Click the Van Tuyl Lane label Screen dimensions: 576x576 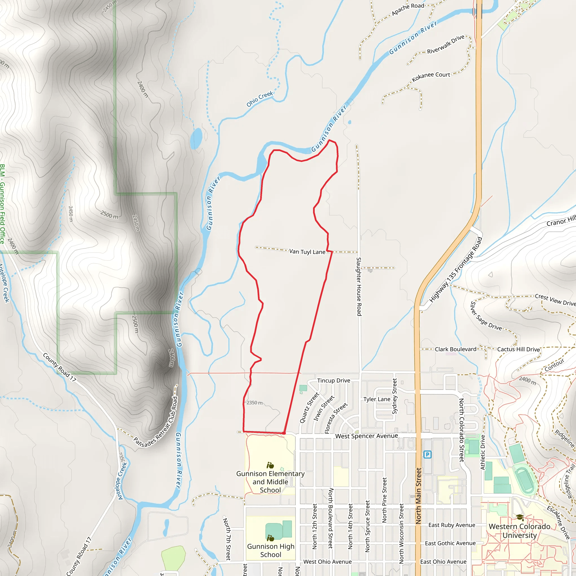(x=307, y=252)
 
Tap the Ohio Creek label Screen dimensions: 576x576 (x=259, y=99)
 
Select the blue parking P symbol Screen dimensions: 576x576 (x=427, y=455)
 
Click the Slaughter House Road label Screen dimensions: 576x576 (x=359, y=287)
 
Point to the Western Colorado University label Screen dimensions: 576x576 (x=519, y=531)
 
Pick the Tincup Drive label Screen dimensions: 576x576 (x=333, y=381)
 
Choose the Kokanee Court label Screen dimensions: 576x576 (x=431, y=76)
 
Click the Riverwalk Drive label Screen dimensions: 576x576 (x=446, y=44)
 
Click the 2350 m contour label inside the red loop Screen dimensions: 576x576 (x=254, y=403)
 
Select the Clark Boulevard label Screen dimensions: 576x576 (x=455, y=349)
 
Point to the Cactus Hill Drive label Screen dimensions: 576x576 (x=518, y=349)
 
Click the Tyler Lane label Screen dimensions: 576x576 (x=377, y=399)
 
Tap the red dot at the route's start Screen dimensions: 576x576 (x=284, y=433)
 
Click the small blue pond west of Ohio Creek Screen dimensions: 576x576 (x=196, y=138)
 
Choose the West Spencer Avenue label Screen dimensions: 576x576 (x=366, y=436)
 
